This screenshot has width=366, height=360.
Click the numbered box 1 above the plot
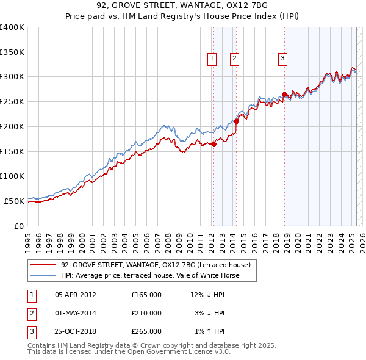[212, 59]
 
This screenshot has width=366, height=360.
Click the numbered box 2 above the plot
[234, 59]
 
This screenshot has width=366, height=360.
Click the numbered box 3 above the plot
[283, 59]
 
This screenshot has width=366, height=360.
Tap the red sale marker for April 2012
[214, 144]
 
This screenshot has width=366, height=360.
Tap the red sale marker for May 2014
[236, 121]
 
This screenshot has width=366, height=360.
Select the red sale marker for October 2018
[284, 94]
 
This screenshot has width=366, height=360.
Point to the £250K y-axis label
[12, 101]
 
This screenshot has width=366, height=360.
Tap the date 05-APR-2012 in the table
[76, 295]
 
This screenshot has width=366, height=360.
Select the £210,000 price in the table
[146, 313]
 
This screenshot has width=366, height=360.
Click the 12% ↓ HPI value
[208, 295]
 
